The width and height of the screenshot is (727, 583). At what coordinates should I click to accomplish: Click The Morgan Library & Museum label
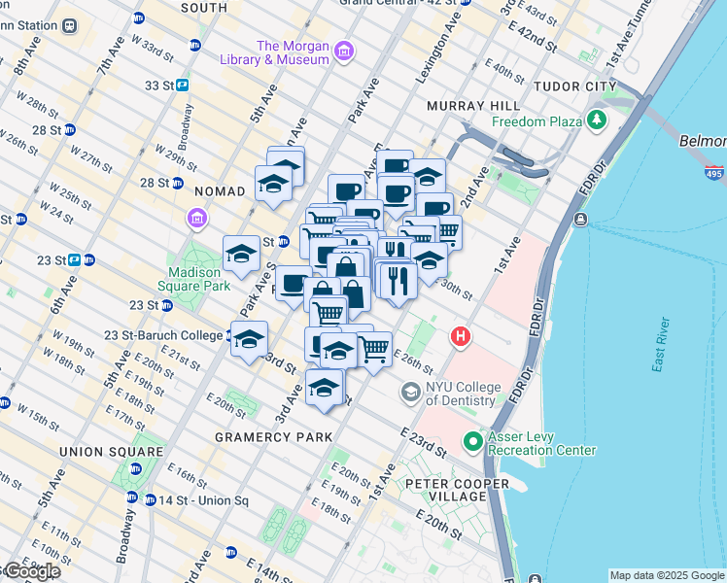(292, 52)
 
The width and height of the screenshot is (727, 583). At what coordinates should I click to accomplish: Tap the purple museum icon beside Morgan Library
(342, 51)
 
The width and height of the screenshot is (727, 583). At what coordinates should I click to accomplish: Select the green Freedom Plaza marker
(598, 121)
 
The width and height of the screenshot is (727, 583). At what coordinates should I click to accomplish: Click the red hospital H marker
(461, 337)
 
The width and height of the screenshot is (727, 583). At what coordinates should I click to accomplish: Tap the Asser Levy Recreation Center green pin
(473, 442)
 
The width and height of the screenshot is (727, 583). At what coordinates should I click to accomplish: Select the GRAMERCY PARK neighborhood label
(267, 437)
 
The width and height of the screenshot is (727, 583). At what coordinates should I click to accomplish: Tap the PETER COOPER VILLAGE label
(458, 490)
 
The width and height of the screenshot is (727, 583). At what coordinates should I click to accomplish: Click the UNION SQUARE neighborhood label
(112, 452)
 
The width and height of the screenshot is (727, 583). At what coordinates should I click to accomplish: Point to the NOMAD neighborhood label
(220, 191)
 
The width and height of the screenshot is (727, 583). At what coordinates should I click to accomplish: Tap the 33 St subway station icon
(182, 86)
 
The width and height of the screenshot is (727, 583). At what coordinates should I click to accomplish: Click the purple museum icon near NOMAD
(197, 217)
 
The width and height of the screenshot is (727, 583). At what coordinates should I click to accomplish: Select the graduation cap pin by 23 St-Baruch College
(250, 340)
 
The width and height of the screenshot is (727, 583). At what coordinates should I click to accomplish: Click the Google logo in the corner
(31, 572)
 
